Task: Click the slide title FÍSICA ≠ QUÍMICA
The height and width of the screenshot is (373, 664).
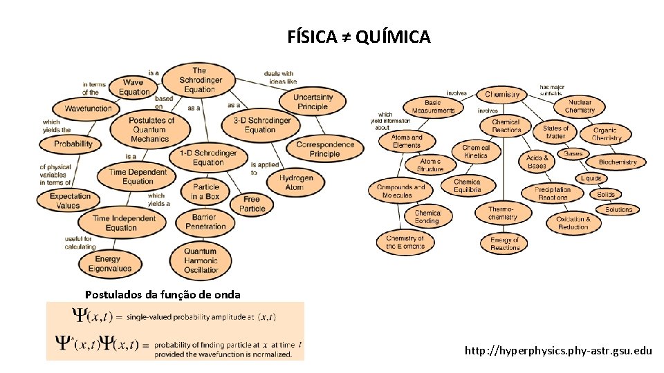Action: tap(359, 37)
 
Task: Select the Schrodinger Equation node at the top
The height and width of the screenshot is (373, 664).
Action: tap(199, 80)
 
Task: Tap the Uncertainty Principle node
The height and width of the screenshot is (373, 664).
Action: tap(312, 102)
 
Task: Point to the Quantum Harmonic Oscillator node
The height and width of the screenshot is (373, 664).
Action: tap(201, 260)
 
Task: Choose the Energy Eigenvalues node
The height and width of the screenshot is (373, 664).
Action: tap(108, 264)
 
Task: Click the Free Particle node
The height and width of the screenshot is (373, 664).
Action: tap(252, 204)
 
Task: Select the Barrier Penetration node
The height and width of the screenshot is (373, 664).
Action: tap(205, 222)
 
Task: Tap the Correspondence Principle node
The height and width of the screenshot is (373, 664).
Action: tap(324, 149)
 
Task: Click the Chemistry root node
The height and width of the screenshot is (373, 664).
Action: tap(502, 95)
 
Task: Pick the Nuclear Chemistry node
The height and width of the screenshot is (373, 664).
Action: tap(579, 106)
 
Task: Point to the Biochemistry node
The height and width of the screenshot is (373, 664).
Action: tap(617, 162)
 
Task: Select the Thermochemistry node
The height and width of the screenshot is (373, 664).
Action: tap(502, 213)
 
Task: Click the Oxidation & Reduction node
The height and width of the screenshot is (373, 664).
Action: tap(573, 223)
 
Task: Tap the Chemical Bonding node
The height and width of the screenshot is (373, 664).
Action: tap(427, 217)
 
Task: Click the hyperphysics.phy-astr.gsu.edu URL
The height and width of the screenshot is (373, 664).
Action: tap(558, 351)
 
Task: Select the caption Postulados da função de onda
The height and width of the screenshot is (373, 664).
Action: tap(163, 295)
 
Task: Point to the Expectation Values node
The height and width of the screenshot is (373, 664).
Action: tap(70, 200)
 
